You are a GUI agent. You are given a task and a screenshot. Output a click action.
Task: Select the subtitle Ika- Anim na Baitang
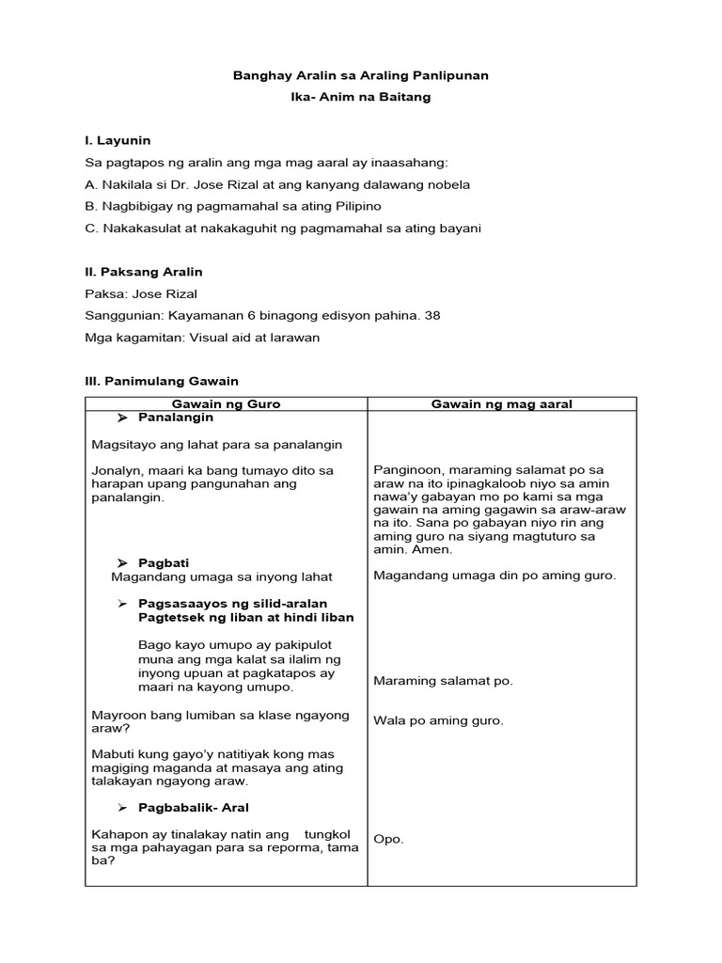[360, 97]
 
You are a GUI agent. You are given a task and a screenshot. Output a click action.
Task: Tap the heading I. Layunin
[118, 140]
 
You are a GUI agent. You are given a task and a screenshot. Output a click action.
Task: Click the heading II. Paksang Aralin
[144, 272]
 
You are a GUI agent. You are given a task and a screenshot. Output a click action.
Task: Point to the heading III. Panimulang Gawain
[162, 381]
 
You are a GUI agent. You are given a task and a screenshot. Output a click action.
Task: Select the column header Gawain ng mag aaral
[501, 403]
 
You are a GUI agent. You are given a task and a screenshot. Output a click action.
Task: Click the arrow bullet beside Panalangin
[122, 417]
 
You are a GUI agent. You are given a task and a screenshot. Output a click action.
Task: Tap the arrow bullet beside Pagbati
[122, 562]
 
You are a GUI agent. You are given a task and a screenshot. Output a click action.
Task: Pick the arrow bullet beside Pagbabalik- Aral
[122, 808]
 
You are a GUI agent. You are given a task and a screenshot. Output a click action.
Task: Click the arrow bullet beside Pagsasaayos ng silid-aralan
[122, 602]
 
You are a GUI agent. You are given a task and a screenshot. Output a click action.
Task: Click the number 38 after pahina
[432, 316]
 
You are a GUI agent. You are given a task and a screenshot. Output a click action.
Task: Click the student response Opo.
[388, 839]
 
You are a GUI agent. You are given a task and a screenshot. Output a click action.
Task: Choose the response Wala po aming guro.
[438, 721]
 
